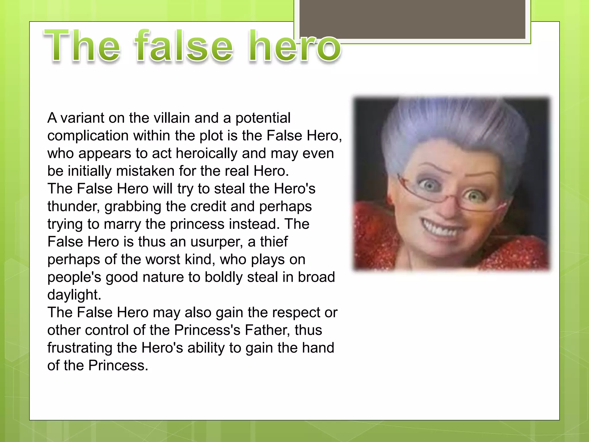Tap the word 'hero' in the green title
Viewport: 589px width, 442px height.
[x=295, y=46]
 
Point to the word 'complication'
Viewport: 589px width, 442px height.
[x=88, y=136]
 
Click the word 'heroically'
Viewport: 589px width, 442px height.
[x=207, y=153]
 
